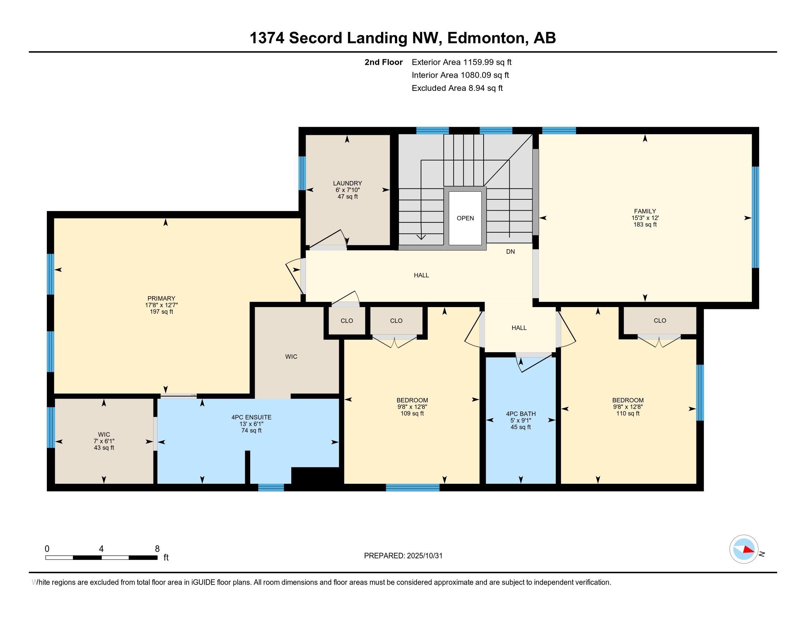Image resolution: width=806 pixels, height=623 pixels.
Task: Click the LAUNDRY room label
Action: click(x=347, y=183)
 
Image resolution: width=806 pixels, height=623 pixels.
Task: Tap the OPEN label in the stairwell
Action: click(x=465, y=218)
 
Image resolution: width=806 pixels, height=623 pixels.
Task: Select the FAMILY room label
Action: click(x=645, y=211)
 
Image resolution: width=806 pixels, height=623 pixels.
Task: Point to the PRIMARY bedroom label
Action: click(x=161, y=299)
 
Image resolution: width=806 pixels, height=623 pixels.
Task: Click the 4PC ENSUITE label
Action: click(x=251, y=417)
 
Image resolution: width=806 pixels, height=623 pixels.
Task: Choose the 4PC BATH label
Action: click(x=521, y=414)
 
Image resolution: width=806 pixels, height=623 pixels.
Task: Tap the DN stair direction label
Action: click(x=510, y=252)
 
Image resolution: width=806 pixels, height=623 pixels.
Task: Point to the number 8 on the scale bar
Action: click(x=157, y=549)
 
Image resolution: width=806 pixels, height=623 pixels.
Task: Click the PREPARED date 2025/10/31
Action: click(x=424, y=556)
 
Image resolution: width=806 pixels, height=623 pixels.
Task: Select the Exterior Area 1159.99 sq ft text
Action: click(x=462, y=62)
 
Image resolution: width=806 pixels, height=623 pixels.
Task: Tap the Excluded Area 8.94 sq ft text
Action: click(x=457, y=88)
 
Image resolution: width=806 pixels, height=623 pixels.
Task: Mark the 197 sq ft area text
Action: click(x=161, y=312)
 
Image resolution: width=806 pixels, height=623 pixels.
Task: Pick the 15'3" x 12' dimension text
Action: click(x=645, y=218)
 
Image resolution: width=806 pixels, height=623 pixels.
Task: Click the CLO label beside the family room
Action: click(x=660, y=321)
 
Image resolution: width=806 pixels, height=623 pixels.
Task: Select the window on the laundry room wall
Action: click(x=302, y=173)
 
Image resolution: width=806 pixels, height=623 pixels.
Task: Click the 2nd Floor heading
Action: click(x=384, y=62)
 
